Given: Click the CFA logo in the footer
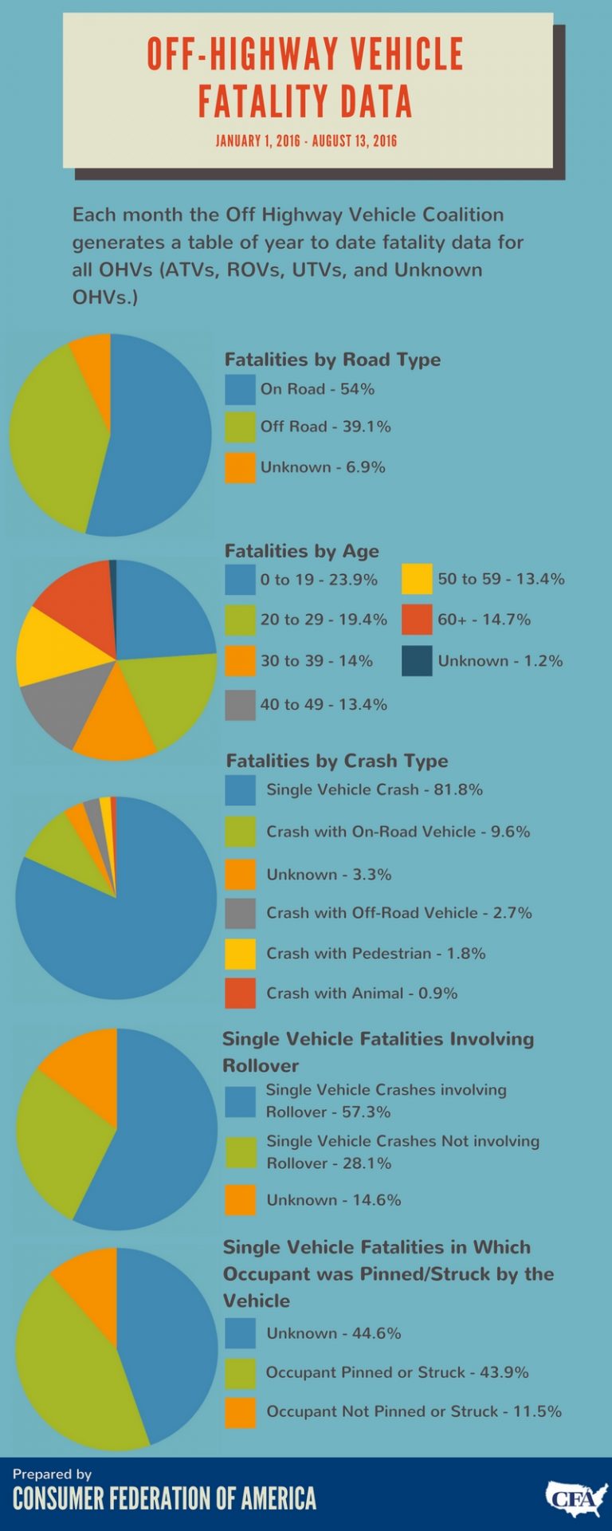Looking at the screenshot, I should pyautogui.click(x=576, y=1499).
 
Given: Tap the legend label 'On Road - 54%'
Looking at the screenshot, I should pyautogui.click(x=317, y=389).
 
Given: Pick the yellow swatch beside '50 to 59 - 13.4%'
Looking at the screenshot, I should pyautogui.click(x=417, y=579).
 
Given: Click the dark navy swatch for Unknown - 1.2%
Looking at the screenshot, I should pyautogui.click(x=417, y=660).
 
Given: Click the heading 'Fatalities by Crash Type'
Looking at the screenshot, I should pyautogui.click(x=337, y=761).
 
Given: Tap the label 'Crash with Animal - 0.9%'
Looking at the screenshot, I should pyautogui.click(x=362, y=993).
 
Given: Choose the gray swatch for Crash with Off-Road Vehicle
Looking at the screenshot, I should pyautogui.click(x=240, y=913).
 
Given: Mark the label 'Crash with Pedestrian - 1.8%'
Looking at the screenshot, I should pyautogui.click(x=375, y=953).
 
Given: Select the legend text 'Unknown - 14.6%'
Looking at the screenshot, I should pyautogui.click(x=333, y=1199).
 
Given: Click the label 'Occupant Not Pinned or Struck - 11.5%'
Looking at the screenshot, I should pyautogui.click(x=414, y=1411).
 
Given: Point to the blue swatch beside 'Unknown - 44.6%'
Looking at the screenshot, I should pyautogui.click(x=240, y=1332).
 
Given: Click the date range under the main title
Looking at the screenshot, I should pyautogui.click(x=306, y=141).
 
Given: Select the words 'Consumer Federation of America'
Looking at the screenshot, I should pyautogui.click(x=164, y=1498).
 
